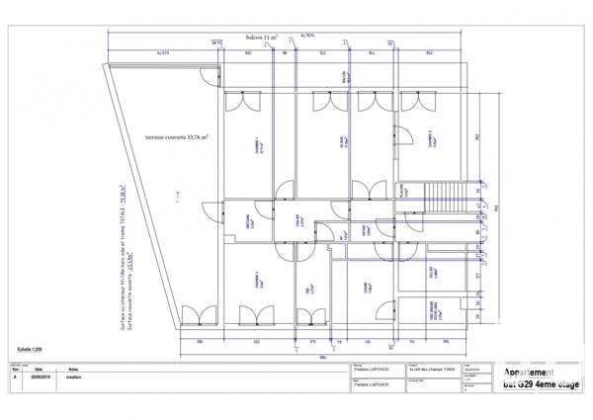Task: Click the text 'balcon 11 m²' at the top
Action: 262,36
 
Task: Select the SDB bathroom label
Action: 309,291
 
